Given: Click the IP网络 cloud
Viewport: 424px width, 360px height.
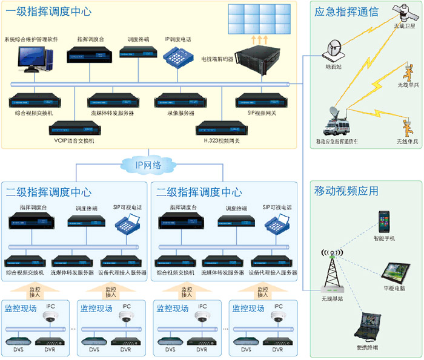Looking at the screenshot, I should [148, 164].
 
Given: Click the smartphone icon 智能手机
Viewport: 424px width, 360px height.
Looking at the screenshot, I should [384, 221].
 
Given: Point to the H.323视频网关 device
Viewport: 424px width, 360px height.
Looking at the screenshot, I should [219, 129].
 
